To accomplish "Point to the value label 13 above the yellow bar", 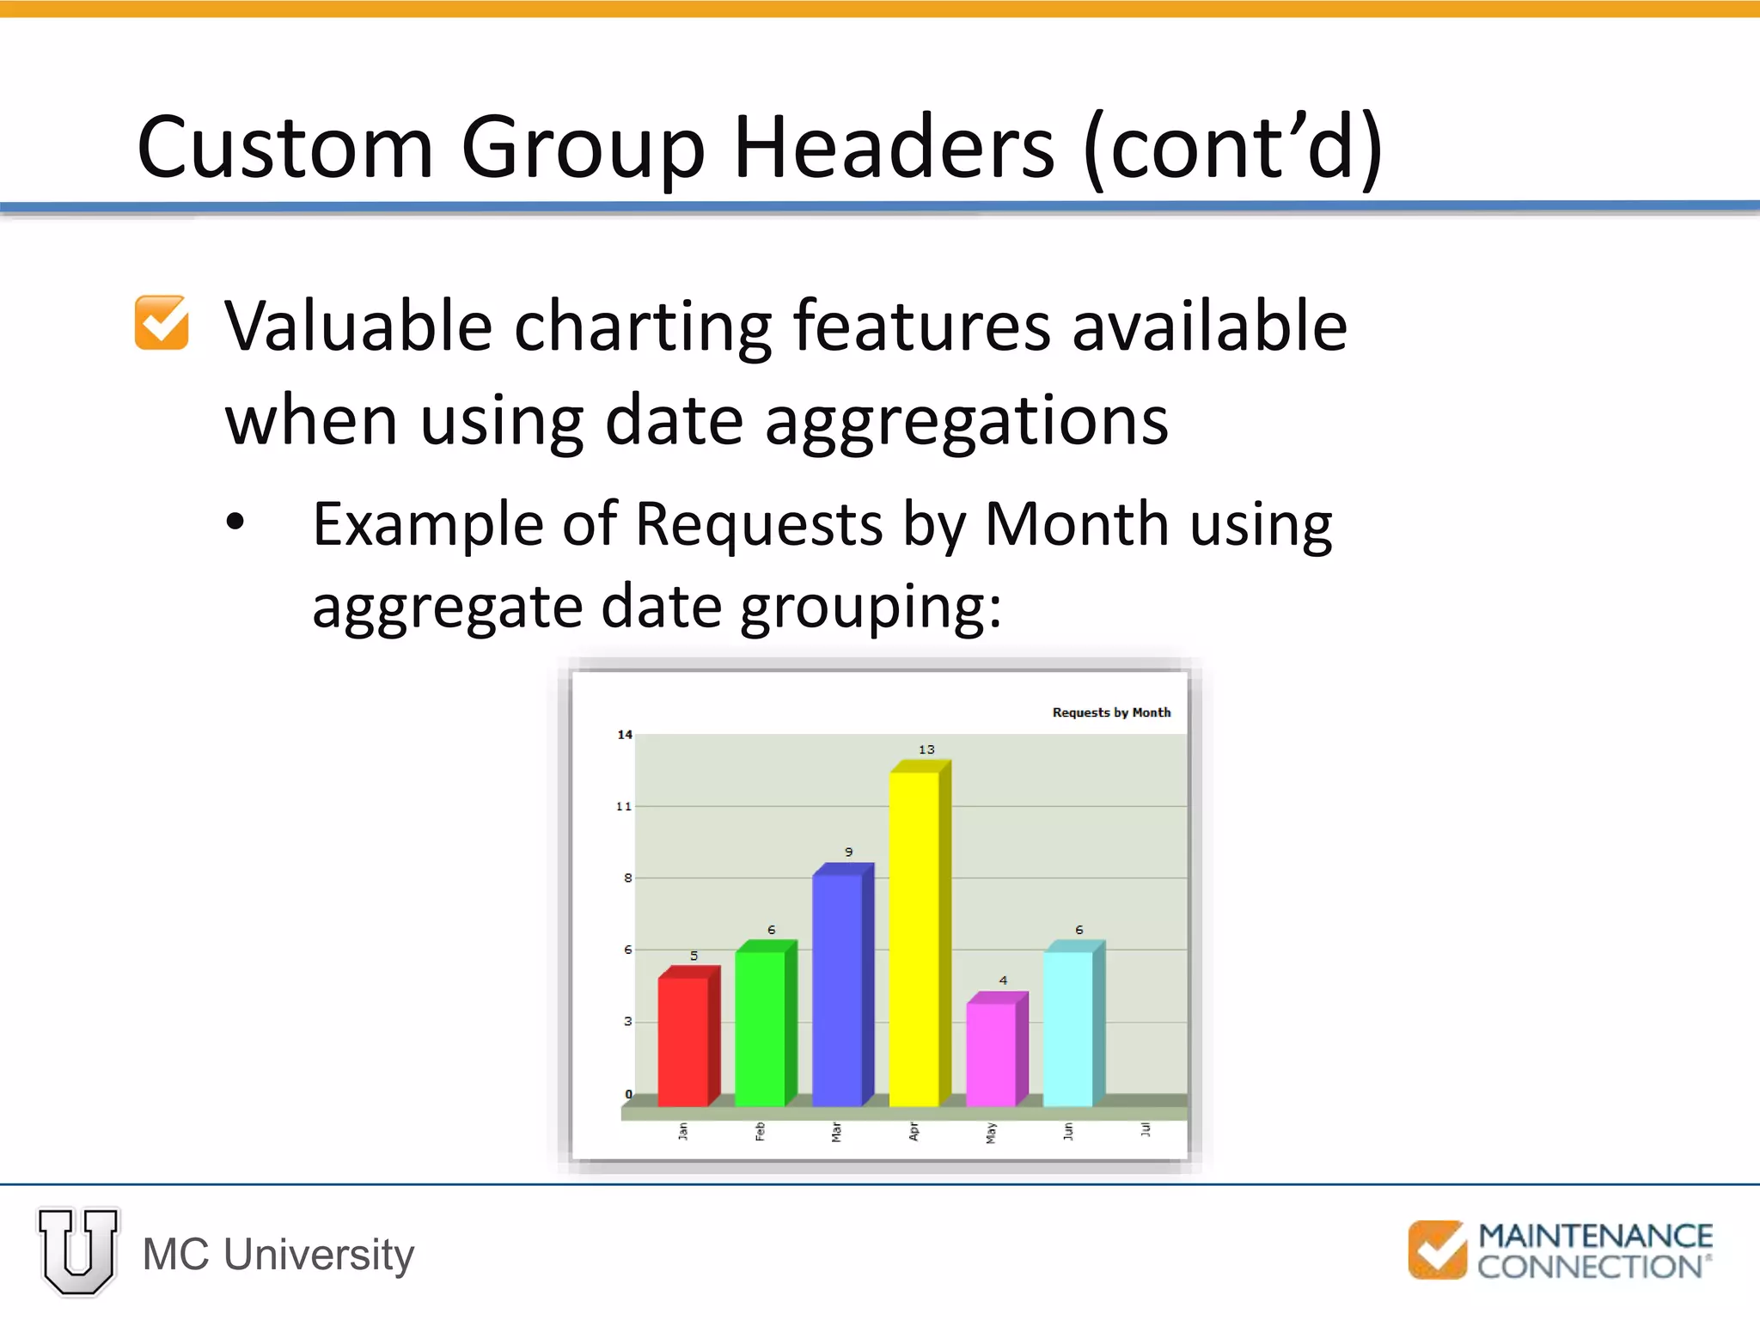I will pyautogui.click(x=926, y=749).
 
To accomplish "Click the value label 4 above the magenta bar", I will pyautogui.click(x=1003, y=980).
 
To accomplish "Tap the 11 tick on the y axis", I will pyautogui.click(x=624, y=806).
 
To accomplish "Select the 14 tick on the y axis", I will pyautogui.click(x=625, y=735).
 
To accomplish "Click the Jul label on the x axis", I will pyautogui.click(x=1145, y=1129).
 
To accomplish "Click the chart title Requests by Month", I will pyautogui.click(x=1111, y=712).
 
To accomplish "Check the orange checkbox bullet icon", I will pyautogui.click(x=162, y=323).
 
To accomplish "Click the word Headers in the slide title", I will pyautogui.click(x=894, y=148).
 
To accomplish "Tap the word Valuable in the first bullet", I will pyautogui.click(x=358, y=327).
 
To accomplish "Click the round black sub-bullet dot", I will pyautogui.click(x=235, y=522).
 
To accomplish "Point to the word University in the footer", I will pyautogui.click(x=319, y=1254).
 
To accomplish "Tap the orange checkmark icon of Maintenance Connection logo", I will pyautogui.click(x=1437, y=1250).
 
